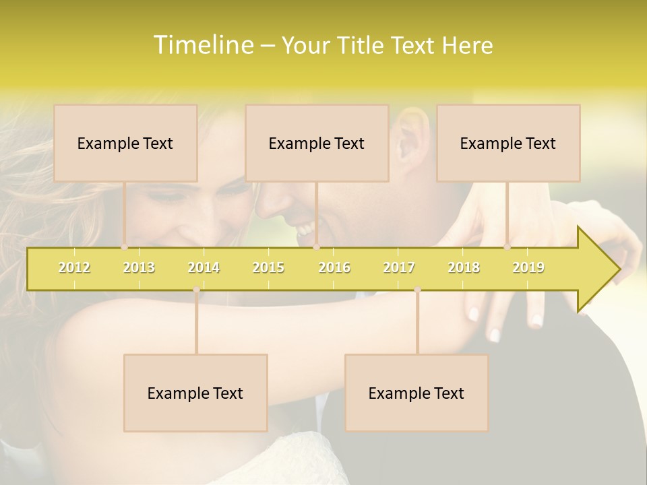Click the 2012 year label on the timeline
coord(74,267)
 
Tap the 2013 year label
coord(139,267)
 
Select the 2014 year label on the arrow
coord(204,267)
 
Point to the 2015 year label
coord(268,267)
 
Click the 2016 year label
coord(334,267)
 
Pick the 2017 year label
coord(399,267)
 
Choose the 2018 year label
coord(464,267)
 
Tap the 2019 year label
coord(528,267)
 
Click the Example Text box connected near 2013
coord(125,143)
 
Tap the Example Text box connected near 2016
coord(317,143)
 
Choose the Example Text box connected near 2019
coord(508,143)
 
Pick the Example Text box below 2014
coord(195,393)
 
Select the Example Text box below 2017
coord(417,393)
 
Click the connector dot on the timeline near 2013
coord(124,247)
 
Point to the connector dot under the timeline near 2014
coord(196,290)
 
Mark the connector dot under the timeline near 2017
coord(417,290)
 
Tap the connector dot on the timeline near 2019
coord(507,247)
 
